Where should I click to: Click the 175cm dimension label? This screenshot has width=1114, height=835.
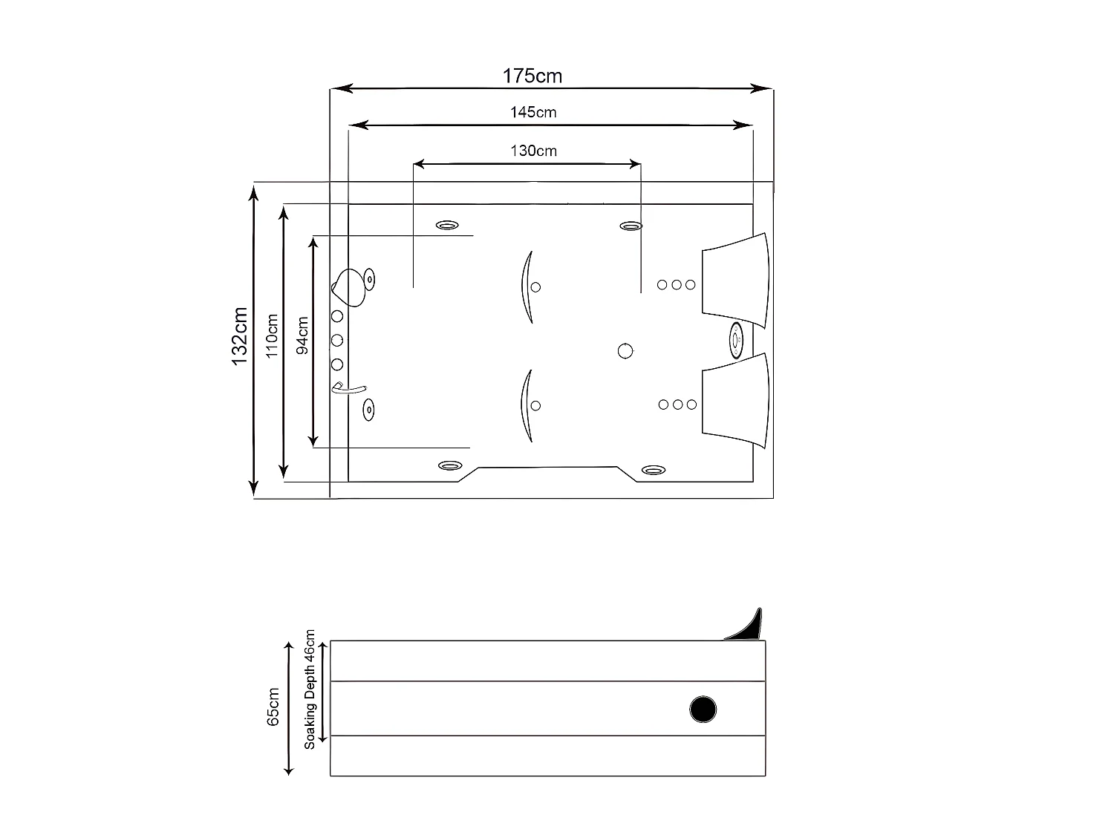532,76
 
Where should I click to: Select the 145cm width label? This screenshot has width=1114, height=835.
533,113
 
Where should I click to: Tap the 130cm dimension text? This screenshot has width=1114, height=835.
533,151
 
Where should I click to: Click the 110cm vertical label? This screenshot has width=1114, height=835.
272,335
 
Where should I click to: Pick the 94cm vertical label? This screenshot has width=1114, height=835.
302,335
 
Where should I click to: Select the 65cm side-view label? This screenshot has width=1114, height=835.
273,707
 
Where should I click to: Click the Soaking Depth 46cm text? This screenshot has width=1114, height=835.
310,690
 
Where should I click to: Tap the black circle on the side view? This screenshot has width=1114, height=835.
703,710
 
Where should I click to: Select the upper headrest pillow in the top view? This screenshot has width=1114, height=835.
735,281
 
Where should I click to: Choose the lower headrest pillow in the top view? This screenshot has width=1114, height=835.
735,401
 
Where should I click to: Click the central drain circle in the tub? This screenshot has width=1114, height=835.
625,351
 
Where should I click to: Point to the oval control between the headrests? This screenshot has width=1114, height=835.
736,340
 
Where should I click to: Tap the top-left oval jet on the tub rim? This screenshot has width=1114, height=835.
446,225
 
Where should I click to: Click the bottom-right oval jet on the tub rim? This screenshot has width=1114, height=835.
654,470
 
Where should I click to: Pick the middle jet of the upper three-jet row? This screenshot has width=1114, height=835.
677,284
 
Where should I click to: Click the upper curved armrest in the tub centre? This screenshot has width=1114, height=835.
527,286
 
